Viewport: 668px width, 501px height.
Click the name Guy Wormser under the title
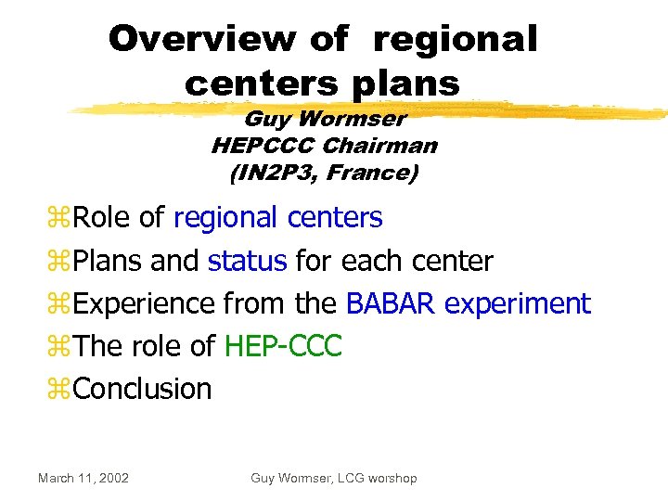[x=324, y=120]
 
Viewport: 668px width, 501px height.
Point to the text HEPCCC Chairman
[x=324, y=146]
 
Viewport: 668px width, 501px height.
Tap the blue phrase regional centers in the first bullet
[x=277, y=217]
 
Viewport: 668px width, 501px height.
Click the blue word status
[x=247, y=261]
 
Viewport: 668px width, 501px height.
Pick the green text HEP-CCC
[x=283, y=346]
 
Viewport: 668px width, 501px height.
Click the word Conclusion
[x=142, y=389]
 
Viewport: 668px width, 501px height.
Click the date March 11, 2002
[x=83, y=478]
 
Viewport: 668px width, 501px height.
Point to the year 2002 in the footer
[x=112, y=478]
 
